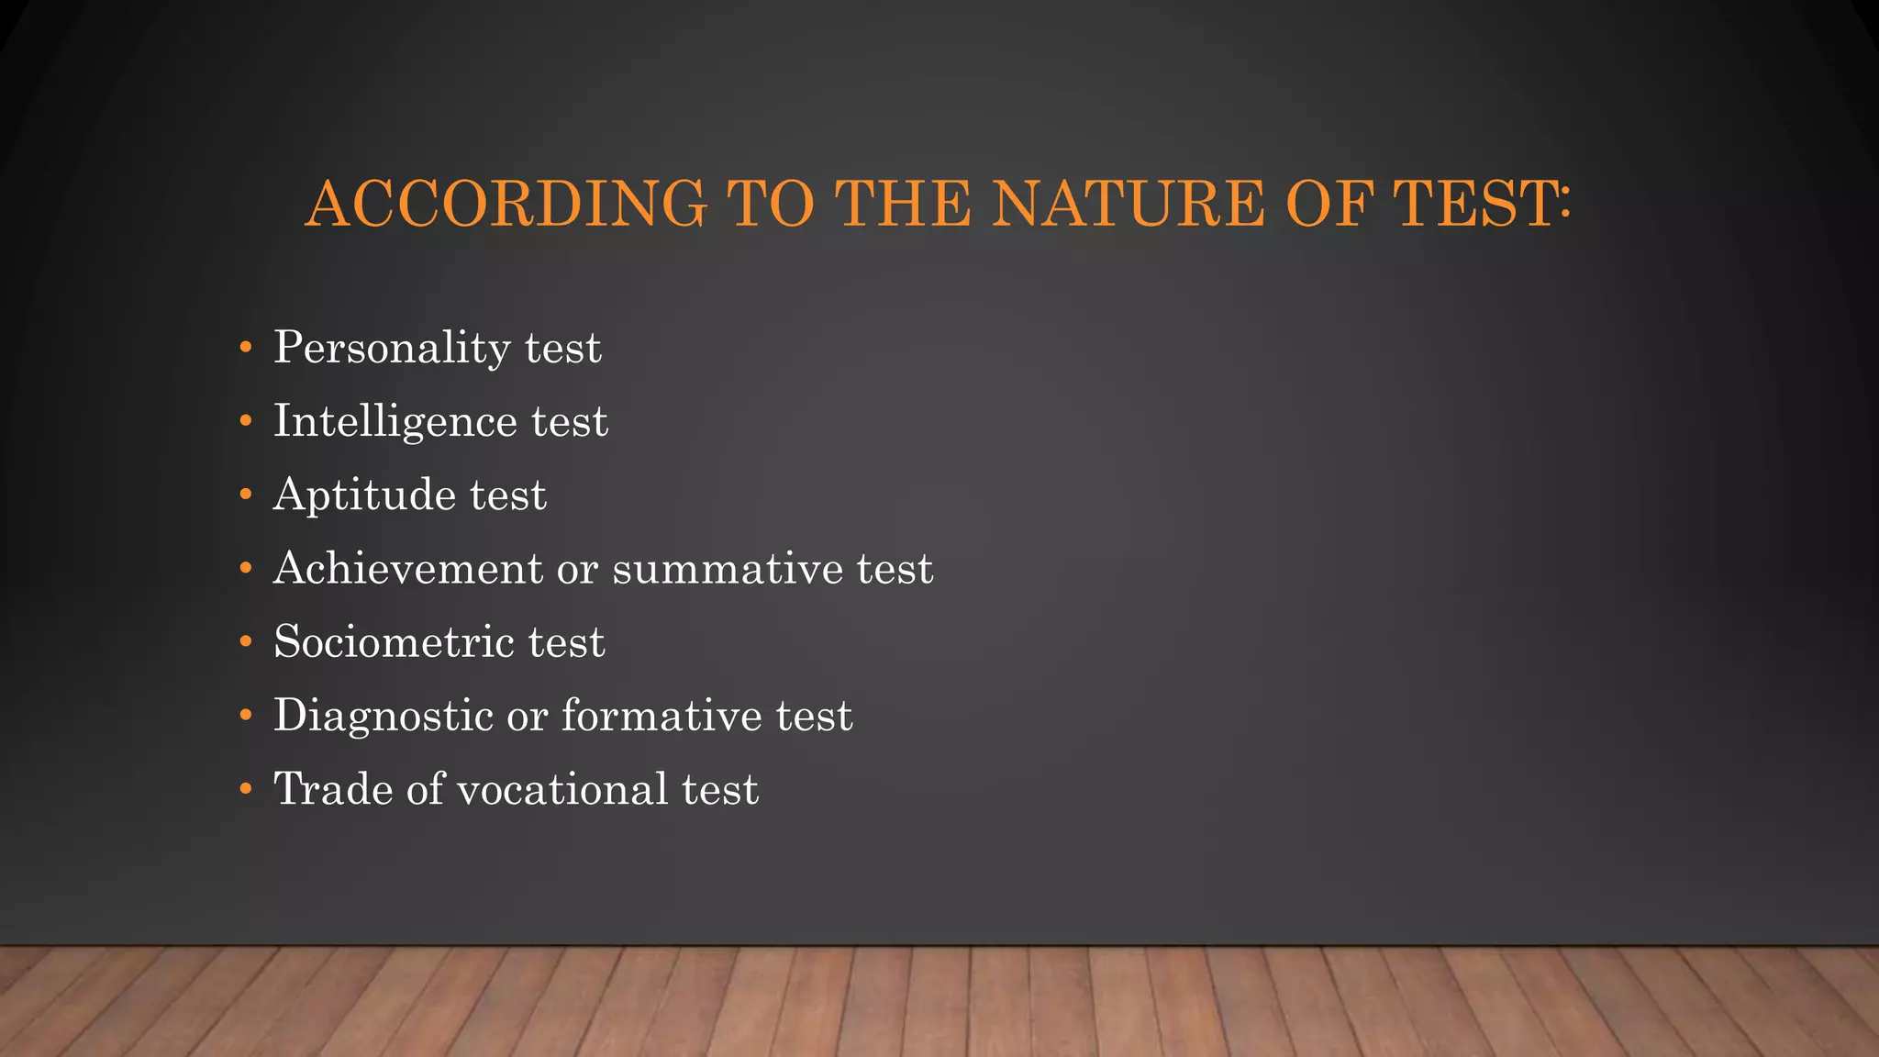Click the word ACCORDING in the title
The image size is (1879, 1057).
506,204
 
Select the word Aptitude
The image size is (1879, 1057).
364,496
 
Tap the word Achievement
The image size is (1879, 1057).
407,568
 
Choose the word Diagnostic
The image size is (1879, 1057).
384,717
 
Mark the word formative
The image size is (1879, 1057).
662,715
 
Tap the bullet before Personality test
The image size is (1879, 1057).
245,348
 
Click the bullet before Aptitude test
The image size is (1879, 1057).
245,495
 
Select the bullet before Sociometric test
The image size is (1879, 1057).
245,641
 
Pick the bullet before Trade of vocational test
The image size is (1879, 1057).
245,789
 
